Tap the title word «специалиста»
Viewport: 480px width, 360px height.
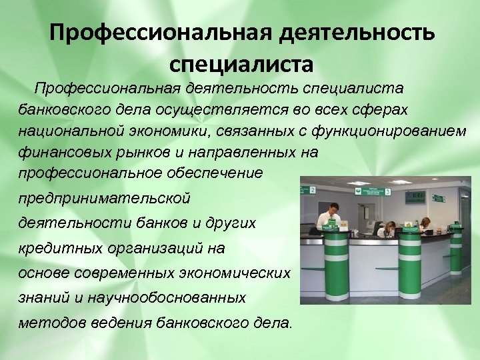pos(241,65)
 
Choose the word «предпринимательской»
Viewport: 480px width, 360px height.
pos(104,198)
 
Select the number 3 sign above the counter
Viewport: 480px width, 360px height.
pos(388,191)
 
